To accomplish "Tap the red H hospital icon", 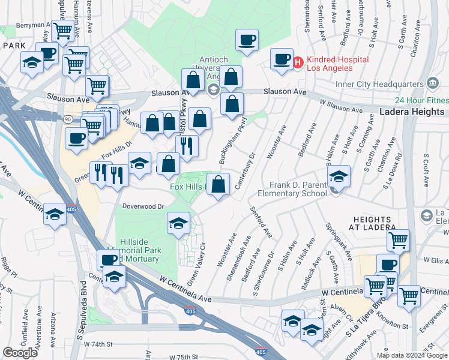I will [x=298, y=61].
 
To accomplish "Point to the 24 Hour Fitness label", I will [x=421, y=101].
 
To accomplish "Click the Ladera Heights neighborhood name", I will [x=412, y=112].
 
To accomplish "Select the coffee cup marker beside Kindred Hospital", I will [x=281, y=59].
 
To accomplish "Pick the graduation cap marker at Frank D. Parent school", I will [x=339, y=176].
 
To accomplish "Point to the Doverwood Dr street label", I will [x=143, y=206].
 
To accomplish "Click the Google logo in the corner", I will [x=20, y=353].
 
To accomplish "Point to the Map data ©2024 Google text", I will [x=412, y=355].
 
